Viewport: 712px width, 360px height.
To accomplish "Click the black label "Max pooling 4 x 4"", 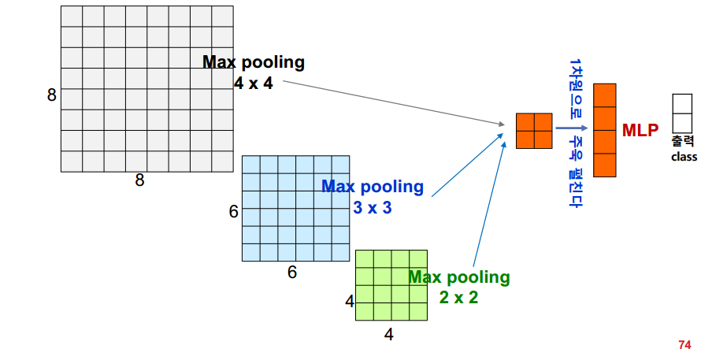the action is (254, 72).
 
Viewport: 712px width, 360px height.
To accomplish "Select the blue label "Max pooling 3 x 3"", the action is (373, 197).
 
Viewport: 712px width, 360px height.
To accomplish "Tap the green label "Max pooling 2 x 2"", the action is (459, 287).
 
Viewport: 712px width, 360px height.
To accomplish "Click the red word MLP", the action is (640, 130).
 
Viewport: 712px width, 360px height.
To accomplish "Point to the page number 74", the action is (684, 344).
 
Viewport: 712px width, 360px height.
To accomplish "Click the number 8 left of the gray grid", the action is (52, 95).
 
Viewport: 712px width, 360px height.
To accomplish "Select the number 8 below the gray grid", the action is (139, 180).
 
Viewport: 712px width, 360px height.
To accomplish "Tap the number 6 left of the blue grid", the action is (233, 212).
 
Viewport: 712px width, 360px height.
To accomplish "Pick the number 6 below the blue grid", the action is (291, 273).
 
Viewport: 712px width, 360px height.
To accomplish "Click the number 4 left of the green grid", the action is (350, 300).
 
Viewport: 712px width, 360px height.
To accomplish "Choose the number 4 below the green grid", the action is (388, 334).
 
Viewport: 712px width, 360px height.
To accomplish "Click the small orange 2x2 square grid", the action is (534, 131).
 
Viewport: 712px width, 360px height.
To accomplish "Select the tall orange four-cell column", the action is (605, 130).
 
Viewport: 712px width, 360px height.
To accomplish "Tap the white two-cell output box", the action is (682, 113).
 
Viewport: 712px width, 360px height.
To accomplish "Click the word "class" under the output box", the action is (684, 157).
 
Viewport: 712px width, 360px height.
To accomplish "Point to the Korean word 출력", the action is (683, 142).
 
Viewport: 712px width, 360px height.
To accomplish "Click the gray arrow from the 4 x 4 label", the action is (394, 102).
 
